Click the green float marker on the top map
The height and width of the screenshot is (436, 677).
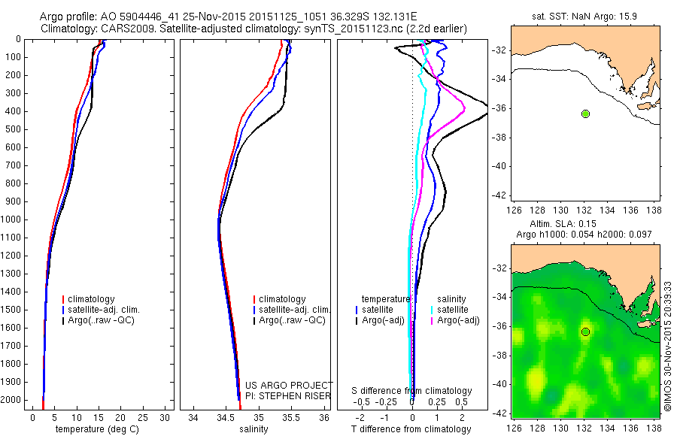(585, 114)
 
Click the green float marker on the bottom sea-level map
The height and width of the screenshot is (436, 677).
(585, 332)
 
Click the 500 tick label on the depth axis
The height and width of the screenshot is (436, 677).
(15, 129)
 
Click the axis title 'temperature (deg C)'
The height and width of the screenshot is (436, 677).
(98, 429)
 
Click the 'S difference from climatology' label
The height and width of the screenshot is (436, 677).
(412, 391)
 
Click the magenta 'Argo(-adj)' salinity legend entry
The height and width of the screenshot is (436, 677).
(459, 320)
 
